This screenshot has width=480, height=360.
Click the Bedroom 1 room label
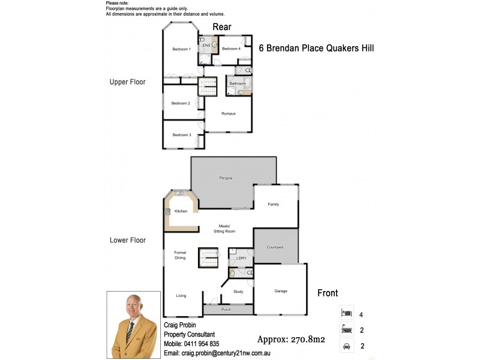181,49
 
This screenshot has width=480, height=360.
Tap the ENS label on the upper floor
205,46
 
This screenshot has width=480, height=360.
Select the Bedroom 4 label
231,49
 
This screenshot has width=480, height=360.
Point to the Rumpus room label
228,113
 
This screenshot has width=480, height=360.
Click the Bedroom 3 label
181,135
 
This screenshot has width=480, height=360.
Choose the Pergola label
226,178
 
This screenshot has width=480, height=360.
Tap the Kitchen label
181,211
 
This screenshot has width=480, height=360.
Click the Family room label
274,205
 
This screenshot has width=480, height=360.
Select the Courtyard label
275,247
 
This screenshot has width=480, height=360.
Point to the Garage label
281,291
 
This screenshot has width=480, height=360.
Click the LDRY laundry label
242,258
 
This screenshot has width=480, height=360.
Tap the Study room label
238,292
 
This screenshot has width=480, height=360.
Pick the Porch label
226,310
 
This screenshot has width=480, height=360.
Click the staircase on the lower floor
208,259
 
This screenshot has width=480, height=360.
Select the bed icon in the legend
345,313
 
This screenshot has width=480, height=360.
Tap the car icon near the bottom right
345,346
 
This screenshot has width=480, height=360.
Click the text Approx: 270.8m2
290,339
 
